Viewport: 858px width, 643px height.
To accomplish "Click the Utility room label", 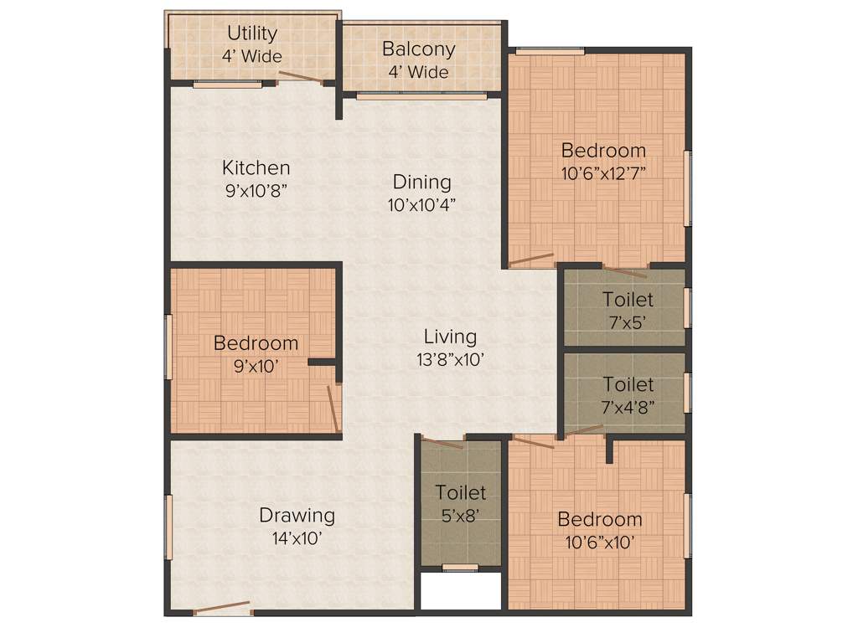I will (252, 33).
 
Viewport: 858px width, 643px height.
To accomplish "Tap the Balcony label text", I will (418, 49).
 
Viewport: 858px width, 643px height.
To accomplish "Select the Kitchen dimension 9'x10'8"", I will (256, 190).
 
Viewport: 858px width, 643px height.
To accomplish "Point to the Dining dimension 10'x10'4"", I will (422, 203).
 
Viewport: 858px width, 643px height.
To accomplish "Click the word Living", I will (449, 337).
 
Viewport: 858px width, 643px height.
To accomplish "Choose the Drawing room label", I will (297, 515).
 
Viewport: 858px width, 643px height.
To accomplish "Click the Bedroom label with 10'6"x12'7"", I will (603, 151).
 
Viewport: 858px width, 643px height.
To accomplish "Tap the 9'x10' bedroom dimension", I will (255, 365).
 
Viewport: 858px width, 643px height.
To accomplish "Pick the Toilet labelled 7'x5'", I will (628, 299).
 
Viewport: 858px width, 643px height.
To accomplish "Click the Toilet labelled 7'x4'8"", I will (628, 384).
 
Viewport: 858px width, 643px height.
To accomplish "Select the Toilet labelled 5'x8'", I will (460, 493).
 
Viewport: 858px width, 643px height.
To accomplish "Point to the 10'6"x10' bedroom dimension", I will (600, 542).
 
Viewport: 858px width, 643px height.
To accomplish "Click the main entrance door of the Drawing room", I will (221, 609).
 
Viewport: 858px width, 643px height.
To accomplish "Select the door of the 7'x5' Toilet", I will (625, 270).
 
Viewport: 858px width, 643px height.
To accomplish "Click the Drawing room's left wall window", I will (168, 527).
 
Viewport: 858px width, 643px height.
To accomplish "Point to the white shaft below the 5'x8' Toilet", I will (460, 593).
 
